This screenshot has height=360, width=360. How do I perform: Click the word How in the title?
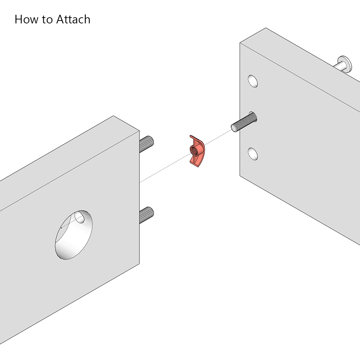[x=26, y=19]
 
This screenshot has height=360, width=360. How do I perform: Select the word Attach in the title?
[x=73, y=19]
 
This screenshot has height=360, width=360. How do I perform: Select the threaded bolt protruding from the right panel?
[x=244, y=122]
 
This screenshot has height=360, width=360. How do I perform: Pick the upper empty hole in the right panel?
[x=253, y=81]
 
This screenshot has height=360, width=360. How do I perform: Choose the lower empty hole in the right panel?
[x=253, y=154]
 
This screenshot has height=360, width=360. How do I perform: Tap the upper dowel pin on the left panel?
[x=147, y=144]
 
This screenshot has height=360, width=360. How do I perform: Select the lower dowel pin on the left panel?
[x=147, y=215]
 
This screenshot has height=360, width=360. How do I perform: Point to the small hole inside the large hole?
[x=80, y=217]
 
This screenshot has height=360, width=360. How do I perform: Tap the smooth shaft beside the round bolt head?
[x=339, y=67]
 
